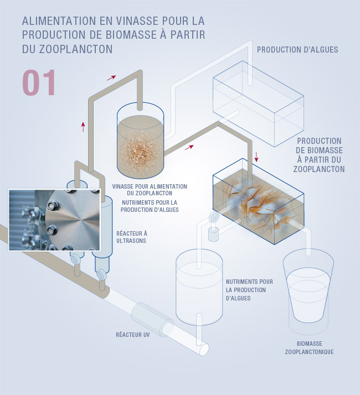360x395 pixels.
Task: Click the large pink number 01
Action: pyautogui.click(x=39, y=82)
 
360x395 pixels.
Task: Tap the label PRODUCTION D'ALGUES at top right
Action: pyautogui.click(x=297, y=50)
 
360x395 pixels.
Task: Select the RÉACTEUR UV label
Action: pyautogui.click(x=133, y=335)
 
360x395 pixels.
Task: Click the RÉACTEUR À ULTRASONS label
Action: pyautogui.click(x=132, y=237)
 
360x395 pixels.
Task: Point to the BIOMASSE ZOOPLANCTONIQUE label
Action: pyautogui.click(x=309, y=347)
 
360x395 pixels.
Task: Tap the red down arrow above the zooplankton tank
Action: pyautogui.click(x=256, y=157)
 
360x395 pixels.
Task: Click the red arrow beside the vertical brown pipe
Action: pyautogui.click(x=83, y=127)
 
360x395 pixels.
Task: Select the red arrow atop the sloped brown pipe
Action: pyautogui.click(x=111, y=77)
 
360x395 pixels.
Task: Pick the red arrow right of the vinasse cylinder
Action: pyautogui.click(x=189, y=147)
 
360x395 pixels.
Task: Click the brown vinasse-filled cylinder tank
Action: pyautogui.click(x=141, y=141)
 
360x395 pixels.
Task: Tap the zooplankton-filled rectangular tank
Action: pyautogui.click(x=258, y=201)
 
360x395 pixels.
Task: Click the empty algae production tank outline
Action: pyautogui.click(x=258, y=104)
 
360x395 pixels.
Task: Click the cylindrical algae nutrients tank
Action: pyautogui.click(x=199, y=287)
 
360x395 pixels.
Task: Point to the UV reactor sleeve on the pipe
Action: pyautogui.click(x=152, y=319)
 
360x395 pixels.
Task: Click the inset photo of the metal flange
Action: pyautogui.click(x=54, y=220)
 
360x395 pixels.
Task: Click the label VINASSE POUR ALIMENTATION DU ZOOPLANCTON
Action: pyautogui.click(x=150, y=190)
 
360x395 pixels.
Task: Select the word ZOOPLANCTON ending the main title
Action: pyautogui.click(x=76, y=49)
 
